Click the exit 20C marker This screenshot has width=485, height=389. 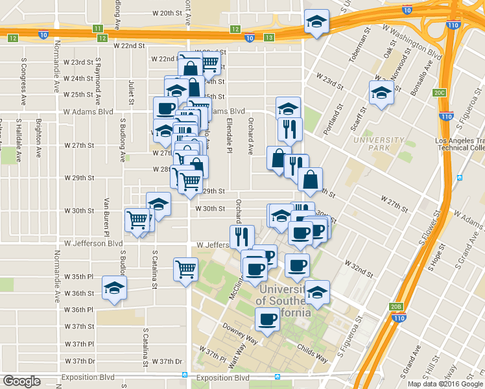pos(440,93)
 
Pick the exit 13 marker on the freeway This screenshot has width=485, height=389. pos(268,38)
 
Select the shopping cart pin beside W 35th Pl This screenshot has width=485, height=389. pos(185,268)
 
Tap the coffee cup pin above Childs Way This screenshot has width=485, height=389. pos(267,319)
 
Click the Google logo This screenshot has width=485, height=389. pos(21,381)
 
